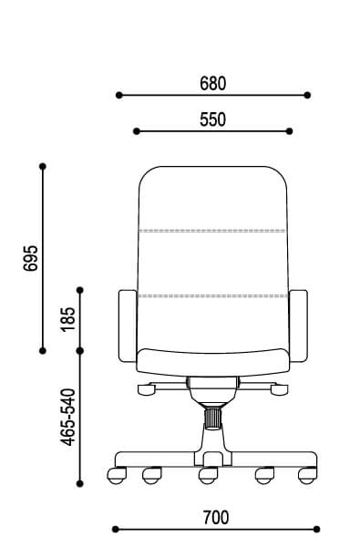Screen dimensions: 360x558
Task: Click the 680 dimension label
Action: click(x=212, y=84)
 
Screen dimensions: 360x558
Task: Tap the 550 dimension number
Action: click(x=212, y=119)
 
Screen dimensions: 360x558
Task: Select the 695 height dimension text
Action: click(x=30, y=258)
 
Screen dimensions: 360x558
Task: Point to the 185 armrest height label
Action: click(x=68, y=319)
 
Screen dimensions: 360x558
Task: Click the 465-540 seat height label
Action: click(x=68, y=417)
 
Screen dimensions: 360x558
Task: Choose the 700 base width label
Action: click(x=216, y=518)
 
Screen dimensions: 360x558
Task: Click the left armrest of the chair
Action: click(x=128, y=326)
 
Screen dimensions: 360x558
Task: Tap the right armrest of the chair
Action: click(x=298, y=326)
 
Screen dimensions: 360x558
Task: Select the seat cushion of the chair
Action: click(x=212, y=362)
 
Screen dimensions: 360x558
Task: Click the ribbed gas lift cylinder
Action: click(x=212, y=418)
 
